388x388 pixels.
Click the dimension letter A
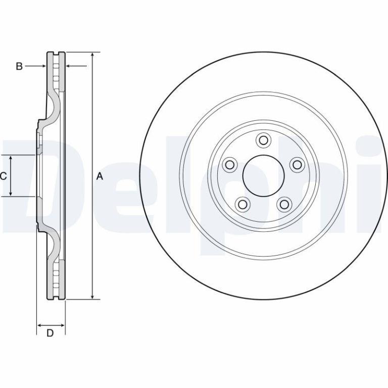coord(100,176)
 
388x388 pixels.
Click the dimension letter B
coord(19,66)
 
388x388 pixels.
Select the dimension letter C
coord(3,176)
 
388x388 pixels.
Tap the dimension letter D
coord(50,333)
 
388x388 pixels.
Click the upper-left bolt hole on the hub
coord(230,164)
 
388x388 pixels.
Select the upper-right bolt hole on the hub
coord(297,164)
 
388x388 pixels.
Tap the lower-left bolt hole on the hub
coord(243,205)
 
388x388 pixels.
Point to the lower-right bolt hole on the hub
coord(284,205)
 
